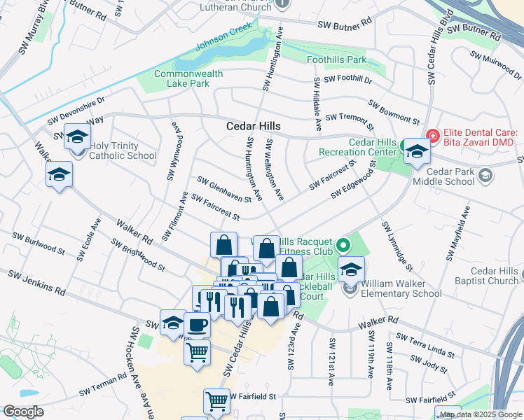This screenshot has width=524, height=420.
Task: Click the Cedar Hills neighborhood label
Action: tap(253, 127)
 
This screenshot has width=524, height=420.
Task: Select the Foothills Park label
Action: tap(336, 60)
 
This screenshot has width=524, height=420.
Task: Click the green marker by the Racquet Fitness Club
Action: tap(343, 246)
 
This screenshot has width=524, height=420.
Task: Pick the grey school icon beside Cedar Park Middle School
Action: tap(484, 176)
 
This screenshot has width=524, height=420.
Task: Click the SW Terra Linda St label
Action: tap(425, 343)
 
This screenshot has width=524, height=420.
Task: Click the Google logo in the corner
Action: tap(23, 411)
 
